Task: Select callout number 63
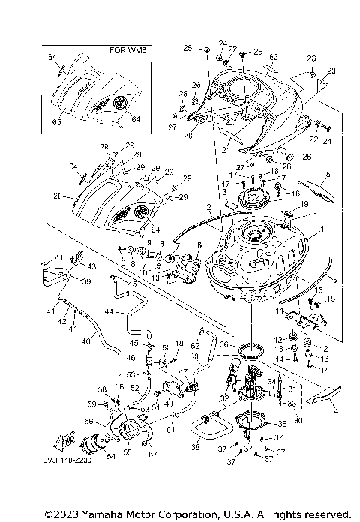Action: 274,56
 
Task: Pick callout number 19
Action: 304,203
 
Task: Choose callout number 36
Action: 223,344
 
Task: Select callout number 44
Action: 109,310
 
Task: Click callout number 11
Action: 278,310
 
